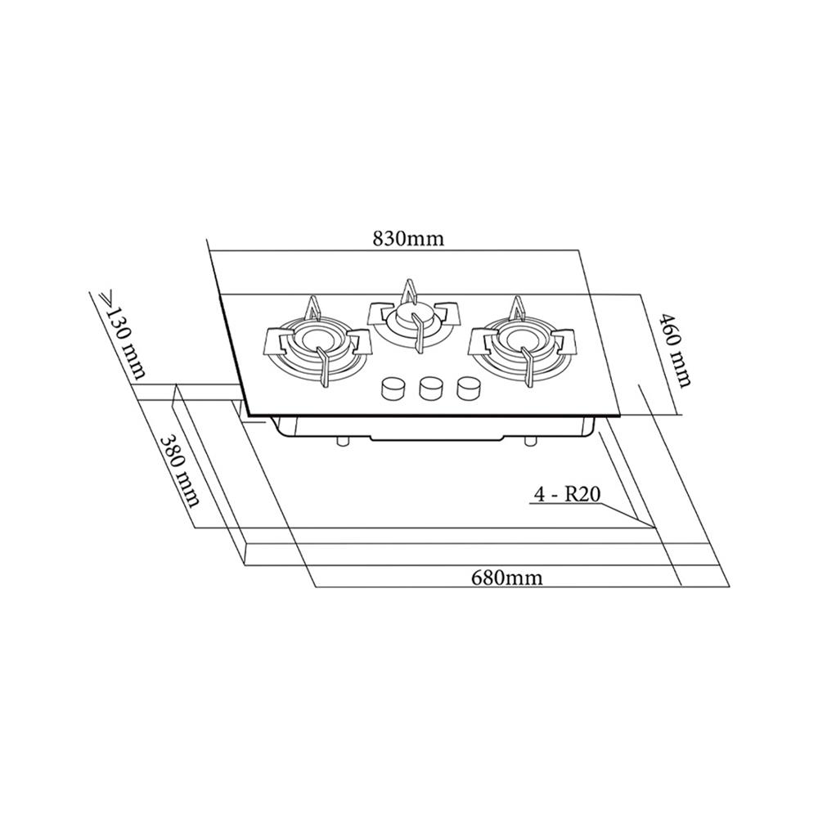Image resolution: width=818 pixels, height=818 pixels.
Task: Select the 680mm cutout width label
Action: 506,578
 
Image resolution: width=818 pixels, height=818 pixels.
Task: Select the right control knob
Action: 468,388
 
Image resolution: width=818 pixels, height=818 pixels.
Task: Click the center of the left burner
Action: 316,344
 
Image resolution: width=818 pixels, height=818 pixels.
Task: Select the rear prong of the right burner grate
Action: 515,308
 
